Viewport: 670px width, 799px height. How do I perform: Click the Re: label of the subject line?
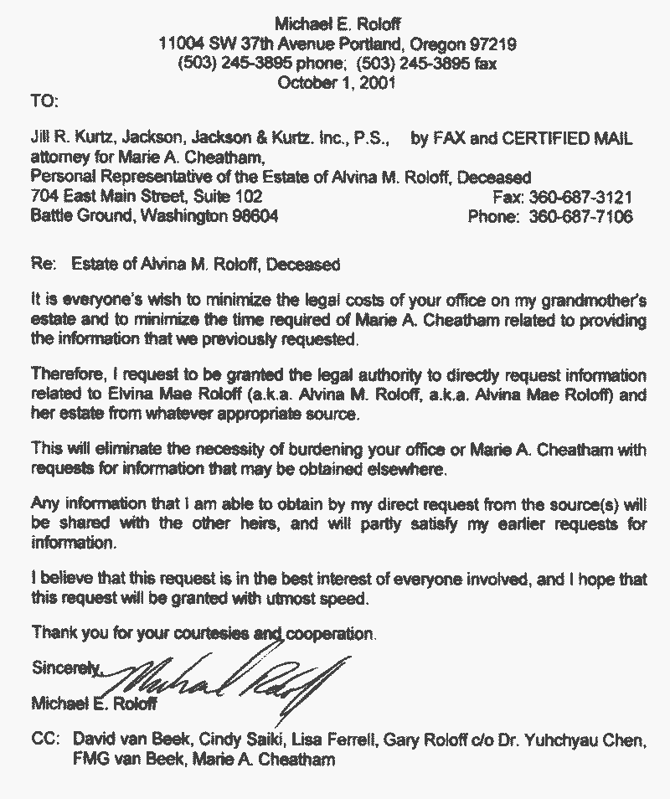click(x=42, y=265)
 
